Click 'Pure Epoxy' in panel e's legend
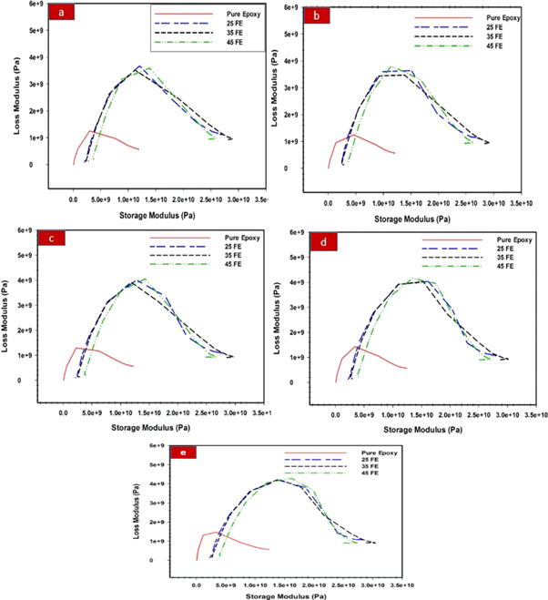[x=375, y=453]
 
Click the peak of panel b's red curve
[x=353, y=136]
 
